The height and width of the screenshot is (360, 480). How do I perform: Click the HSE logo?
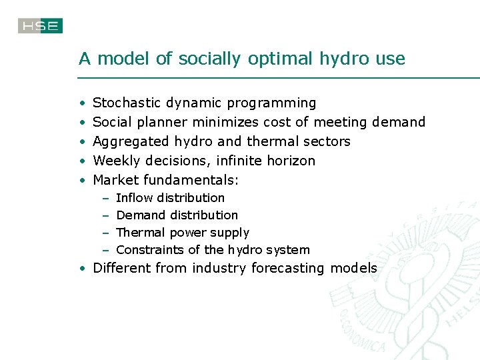(40, 26)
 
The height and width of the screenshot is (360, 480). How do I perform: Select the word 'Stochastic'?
(127, 103)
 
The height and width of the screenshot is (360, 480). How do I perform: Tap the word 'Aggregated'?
(131, 142)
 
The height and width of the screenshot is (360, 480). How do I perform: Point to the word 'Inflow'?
(132, 198)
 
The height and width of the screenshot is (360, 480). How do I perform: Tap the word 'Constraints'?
(150, 250)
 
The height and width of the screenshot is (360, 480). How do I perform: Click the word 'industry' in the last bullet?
(217, 269)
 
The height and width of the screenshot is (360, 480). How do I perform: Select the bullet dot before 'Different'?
(81, 269)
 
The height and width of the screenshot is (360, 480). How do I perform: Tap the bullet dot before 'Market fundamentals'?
(81, 181)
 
